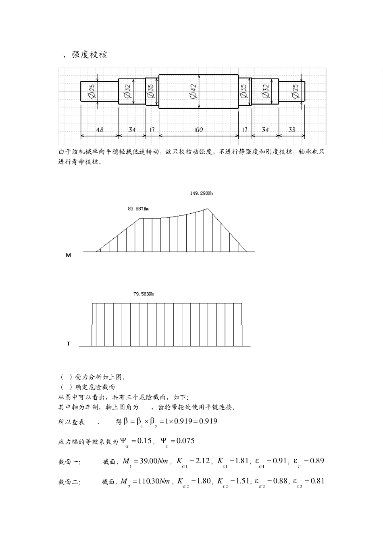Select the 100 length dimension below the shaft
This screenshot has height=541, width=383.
[198, 130]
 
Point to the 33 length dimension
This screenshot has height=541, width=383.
[292, 130]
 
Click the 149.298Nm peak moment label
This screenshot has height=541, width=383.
[202, 193]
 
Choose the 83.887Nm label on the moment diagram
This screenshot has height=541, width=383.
[138, 209]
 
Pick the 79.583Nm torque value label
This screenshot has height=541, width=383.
[144, 294]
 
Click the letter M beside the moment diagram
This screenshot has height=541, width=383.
[68, 255]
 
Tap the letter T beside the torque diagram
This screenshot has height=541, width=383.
[68, 344]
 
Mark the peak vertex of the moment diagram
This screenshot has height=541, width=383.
[208, 209]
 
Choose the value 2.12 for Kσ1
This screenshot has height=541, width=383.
[202, 461]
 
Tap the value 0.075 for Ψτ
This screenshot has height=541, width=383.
[183, 441]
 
